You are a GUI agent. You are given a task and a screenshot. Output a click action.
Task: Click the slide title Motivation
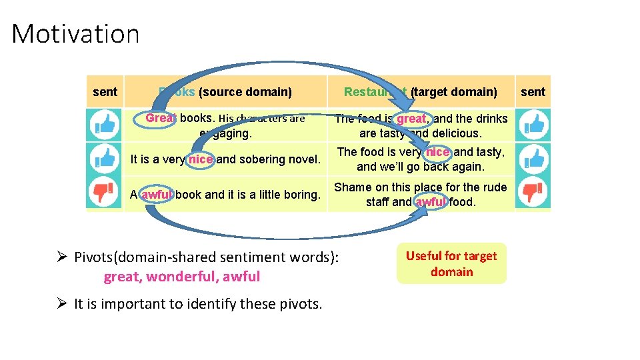click(75, 33)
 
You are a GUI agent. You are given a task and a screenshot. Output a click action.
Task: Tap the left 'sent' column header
click(105, 92)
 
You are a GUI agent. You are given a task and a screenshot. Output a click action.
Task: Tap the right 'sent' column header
click(533, 92)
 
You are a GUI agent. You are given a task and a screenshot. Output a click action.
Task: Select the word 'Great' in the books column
click(161, 118)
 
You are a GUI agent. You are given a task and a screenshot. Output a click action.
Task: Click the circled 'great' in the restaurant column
click(411, 119)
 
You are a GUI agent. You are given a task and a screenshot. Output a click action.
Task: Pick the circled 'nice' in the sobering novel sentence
click(201, 159)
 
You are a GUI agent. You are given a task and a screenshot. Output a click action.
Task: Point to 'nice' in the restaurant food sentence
click(437, 152)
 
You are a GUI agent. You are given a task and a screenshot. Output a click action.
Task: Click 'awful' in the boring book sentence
click(156, 195)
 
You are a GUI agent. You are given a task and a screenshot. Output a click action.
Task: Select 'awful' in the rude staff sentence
click(431, 201)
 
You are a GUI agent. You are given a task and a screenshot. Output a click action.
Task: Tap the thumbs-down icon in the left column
click(104, 193)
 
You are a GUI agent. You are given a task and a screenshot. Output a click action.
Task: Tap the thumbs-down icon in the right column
click(533, 193)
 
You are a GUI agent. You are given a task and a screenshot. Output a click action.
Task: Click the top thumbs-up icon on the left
click(104, 123)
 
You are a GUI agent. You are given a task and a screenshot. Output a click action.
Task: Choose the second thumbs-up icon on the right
click(533, 158)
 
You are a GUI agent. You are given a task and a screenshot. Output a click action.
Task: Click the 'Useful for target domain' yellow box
click(451, 264)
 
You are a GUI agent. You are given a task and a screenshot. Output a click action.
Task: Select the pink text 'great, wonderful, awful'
click(181, 277)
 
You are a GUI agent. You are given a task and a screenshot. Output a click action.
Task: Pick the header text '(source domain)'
click(245, 92)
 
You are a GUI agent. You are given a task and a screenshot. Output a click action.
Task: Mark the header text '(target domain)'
click(454, 92)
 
